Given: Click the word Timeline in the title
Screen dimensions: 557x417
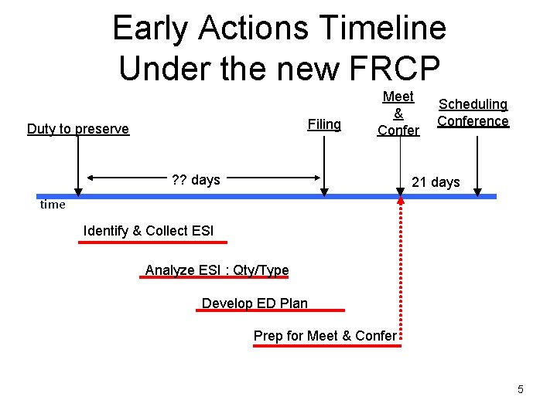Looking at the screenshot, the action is (384, 29).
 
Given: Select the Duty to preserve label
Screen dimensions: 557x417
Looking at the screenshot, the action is (78, 129).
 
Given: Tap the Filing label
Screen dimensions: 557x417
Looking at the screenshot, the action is (324, 124).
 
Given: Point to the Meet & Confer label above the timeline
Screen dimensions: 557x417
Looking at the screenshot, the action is (398, 114).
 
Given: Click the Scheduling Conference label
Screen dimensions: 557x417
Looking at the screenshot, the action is (473, 113).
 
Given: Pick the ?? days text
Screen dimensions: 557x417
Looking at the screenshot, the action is (196, 180).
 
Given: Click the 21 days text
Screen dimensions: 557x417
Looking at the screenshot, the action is (436, 182).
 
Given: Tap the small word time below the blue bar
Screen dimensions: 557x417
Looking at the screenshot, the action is (53, 205).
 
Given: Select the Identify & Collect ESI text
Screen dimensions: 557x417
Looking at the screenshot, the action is (148, 231).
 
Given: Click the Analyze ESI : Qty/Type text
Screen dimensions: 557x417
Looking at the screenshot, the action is (217, 270).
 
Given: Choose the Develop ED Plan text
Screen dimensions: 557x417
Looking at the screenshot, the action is (255, 303).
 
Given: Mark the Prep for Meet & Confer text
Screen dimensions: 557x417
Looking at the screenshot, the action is (325, 336).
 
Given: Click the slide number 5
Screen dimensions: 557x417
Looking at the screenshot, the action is (521, 389).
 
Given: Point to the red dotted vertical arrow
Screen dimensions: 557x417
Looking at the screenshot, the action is (401, 270).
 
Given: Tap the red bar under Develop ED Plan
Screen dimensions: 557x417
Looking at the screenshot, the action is (272, 310).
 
